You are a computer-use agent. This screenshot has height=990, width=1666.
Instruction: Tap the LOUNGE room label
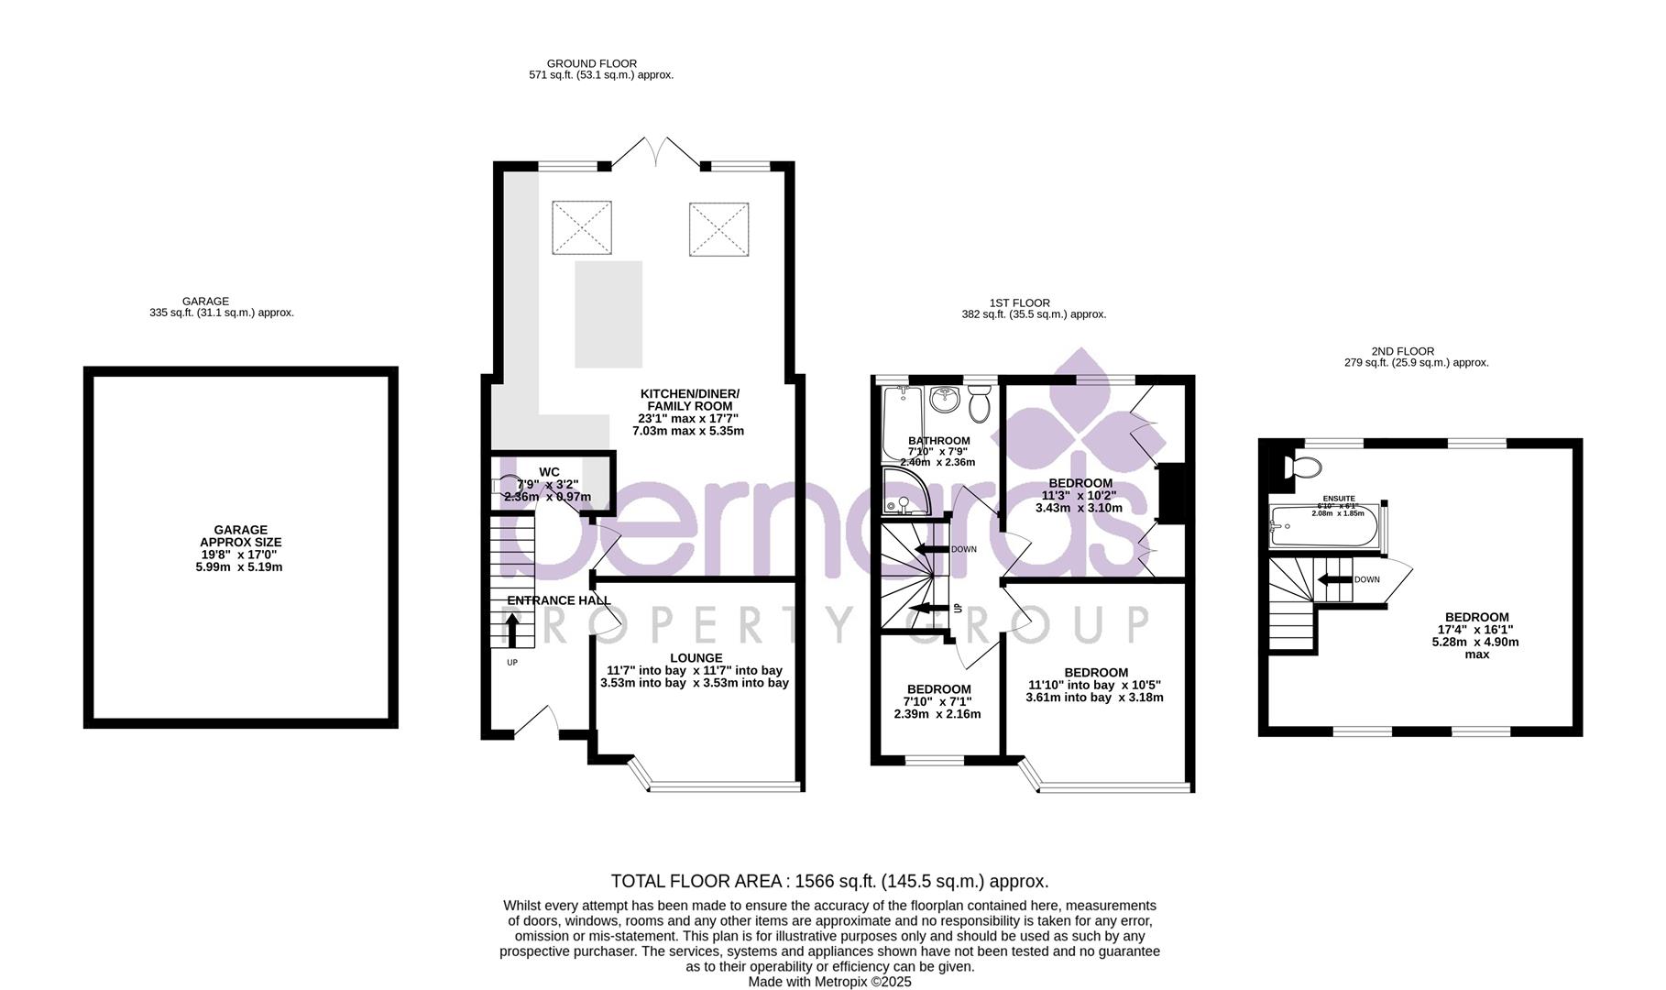[696, 658]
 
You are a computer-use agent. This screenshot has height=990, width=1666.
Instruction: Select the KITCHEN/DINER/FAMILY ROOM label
[689, 400]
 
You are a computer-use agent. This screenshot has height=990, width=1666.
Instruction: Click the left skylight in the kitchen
[581, 227]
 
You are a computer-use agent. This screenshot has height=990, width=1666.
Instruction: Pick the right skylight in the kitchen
[719, 227]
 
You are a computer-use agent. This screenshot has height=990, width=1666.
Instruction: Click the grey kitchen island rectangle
[608, 314]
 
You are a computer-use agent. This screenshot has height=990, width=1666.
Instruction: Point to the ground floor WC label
[549, 472]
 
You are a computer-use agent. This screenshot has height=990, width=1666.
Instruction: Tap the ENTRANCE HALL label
[558, 600]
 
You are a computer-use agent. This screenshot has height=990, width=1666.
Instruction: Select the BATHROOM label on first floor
[938, 441]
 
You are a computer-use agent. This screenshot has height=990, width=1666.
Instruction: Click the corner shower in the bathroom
[902, 493]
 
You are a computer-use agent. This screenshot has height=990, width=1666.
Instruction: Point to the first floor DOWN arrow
[934, 549]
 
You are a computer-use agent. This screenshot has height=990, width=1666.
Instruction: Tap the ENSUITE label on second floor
[1338, 499]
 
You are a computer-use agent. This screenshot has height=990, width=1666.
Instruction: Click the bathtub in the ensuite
[1325, 528]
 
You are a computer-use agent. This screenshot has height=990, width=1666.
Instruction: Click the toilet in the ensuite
[1301, 467]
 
